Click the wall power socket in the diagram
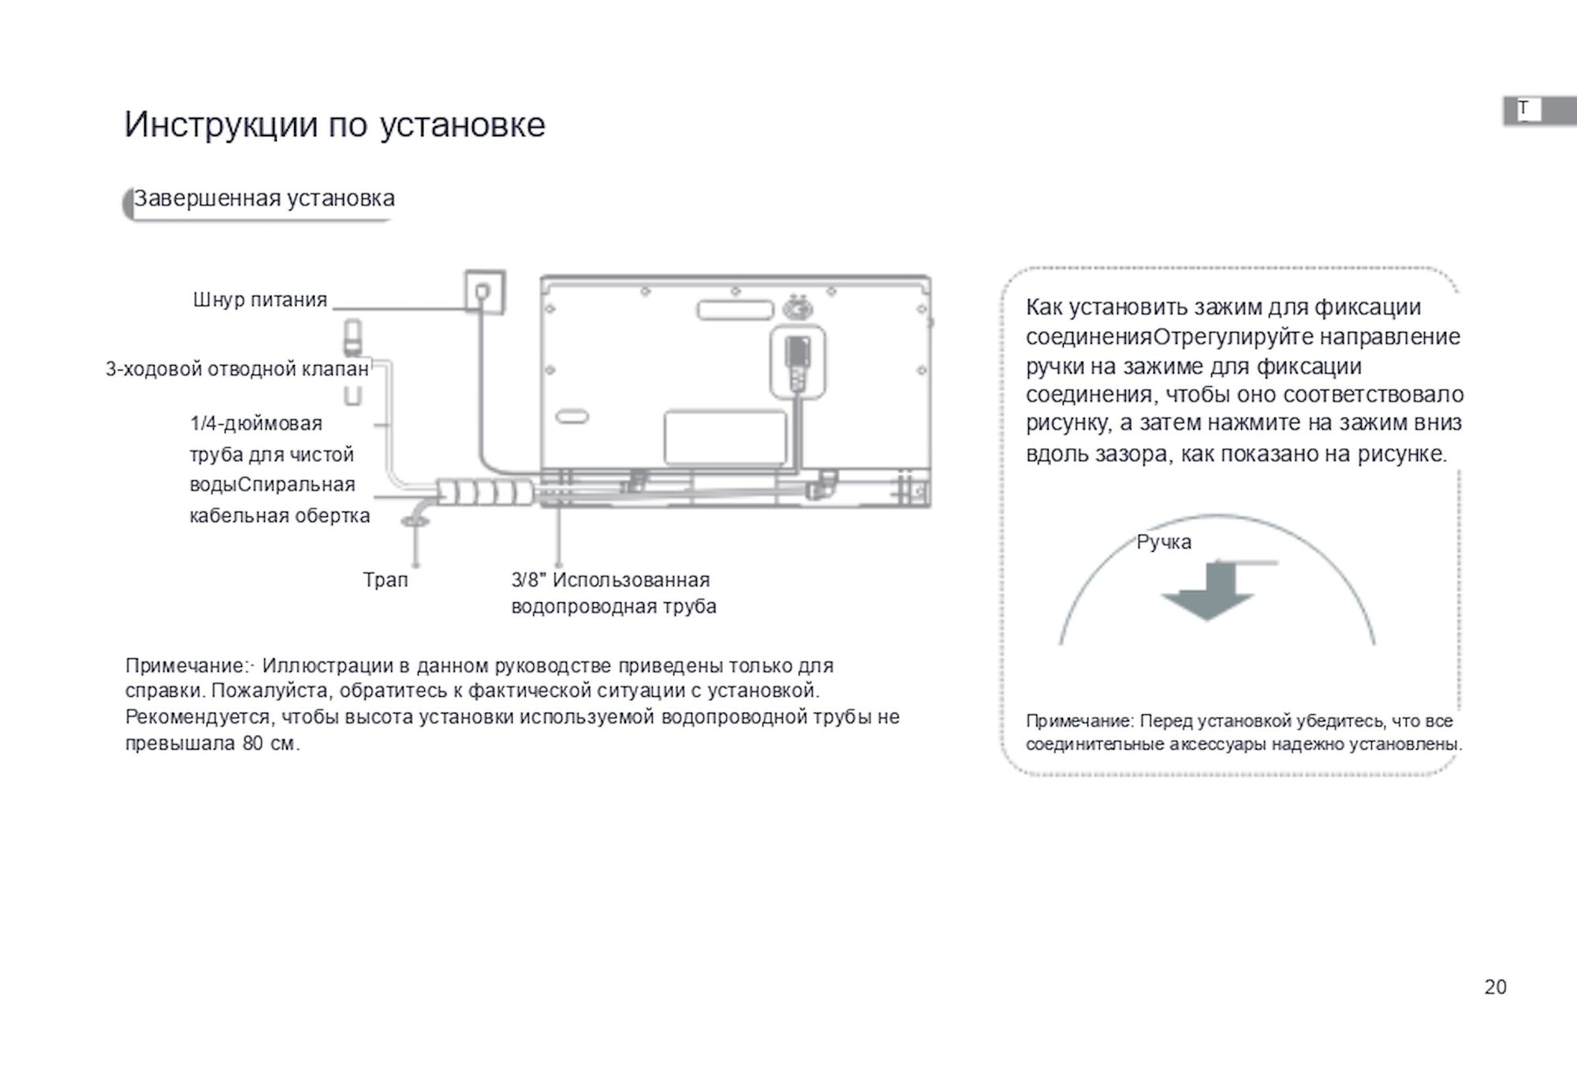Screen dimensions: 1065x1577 pyautogui.click(x=484, y=292)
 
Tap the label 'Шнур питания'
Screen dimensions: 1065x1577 pyautogui.click(x=259, y=300)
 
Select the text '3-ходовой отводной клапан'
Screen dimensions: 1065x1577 pyautogui.click(x=237, y=369)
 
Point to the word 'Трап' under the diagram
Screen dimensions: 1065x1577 pyautogui.click(x=386, y=580)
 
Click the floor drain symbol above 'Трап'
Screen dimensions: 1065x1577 pyautogui.click(x=415, y=520)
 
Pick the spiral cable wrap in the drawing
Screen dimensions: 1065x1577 pyautogui.click(x=485, y=493)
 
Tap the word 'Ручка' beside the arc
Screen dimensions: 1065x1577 pyautogui.click(x=1164, y=542)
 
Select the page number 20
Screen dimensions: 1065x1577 pyautogui.click(x=1495, y=987)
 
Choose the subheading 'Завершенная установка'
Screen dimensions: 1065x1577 pyautogui.click(x=264, y=199)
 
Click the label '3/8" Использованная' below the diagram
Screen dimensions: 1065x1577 pyautogui.click(x=610, y=580)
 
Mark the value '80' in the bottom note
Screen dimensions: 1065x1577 pyautogui.click(x=252, y=743)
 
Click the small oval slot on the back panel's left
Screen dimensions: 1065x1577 pyautogui.click(x=572, y=416)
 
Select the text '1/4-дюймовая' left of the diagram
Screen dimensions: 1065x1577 pyautogui.click(x=256, y=424)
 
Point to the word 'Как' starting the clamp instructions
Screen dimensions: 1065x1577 pyautogui.click(x=1045, y=307)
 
